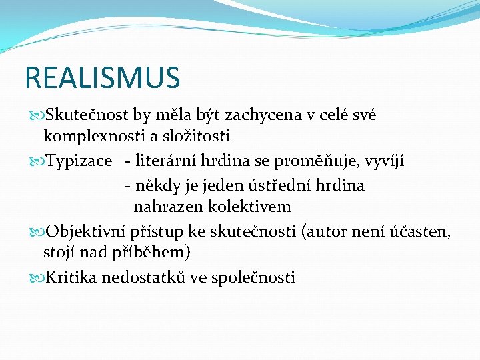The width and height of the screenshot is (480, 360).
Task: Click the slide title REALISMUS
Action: [102, 77]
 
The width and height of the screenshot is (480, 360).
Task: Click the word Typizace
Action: [75, 161]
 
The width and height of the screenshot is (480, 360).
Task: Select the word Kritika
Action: [71, 277]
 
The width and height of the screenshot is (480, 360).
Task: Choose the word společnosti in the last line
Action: [253, 277]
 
